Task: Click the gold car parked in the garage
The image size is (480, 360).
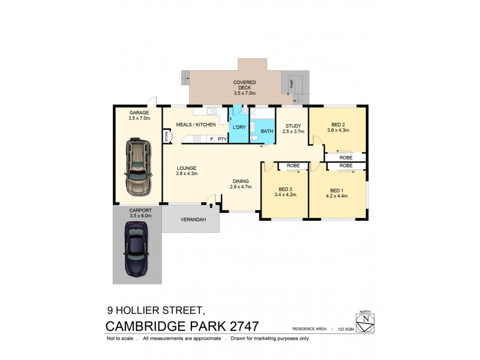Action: (x=138, y=166)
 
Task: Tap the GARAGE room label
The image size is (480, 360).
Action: (x=138, y=113)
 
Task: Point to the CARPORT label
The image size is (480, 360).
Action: (x=138, y=210)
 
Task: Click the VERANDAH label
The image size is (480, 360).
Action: (x=193, y=220)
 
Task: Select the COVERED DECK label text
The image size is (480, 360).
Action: (x=244, y=85)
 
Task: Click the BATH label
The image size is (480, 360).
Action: (x=267, y=131)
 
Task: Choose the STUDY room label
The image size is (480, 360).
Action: (x=293, y=125)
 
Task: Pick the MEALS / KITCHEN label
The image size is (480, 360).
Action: (x=196, y=125)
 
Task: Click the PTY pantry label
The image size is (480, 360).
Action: (x=221, y=139)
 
